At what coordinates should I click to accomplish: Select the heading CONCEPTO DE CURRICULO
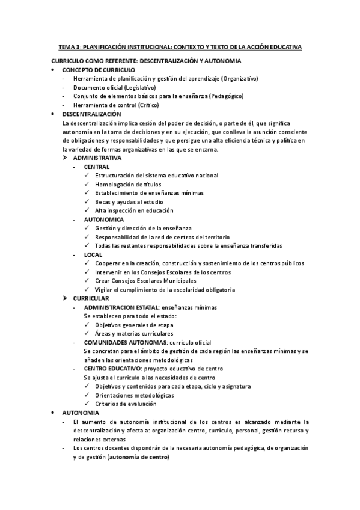99,70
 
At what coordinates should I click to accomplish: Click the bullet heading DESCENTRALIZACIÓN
91,114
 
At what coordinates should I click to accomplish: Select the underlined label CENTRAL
96,167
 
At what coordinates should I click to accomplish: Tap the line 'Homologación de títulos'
127,184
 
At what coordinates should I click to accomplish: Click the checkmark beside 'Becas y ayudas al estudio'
88,202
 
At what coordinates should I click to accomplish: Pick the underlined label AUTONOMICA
103,220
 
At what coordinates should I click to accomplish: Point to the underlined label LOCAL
93,254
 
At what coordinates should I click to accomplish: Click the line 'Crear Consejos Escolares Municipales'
145,281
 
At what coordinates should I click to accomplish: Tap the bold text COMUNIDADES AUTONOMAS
124,342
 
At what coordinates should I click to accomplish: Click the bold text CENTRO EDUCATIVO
113,368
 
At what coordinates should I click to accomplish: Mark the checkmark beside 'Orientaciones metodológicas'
88,395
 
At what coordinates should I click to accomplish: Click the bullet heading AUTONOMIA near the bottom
81,413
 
